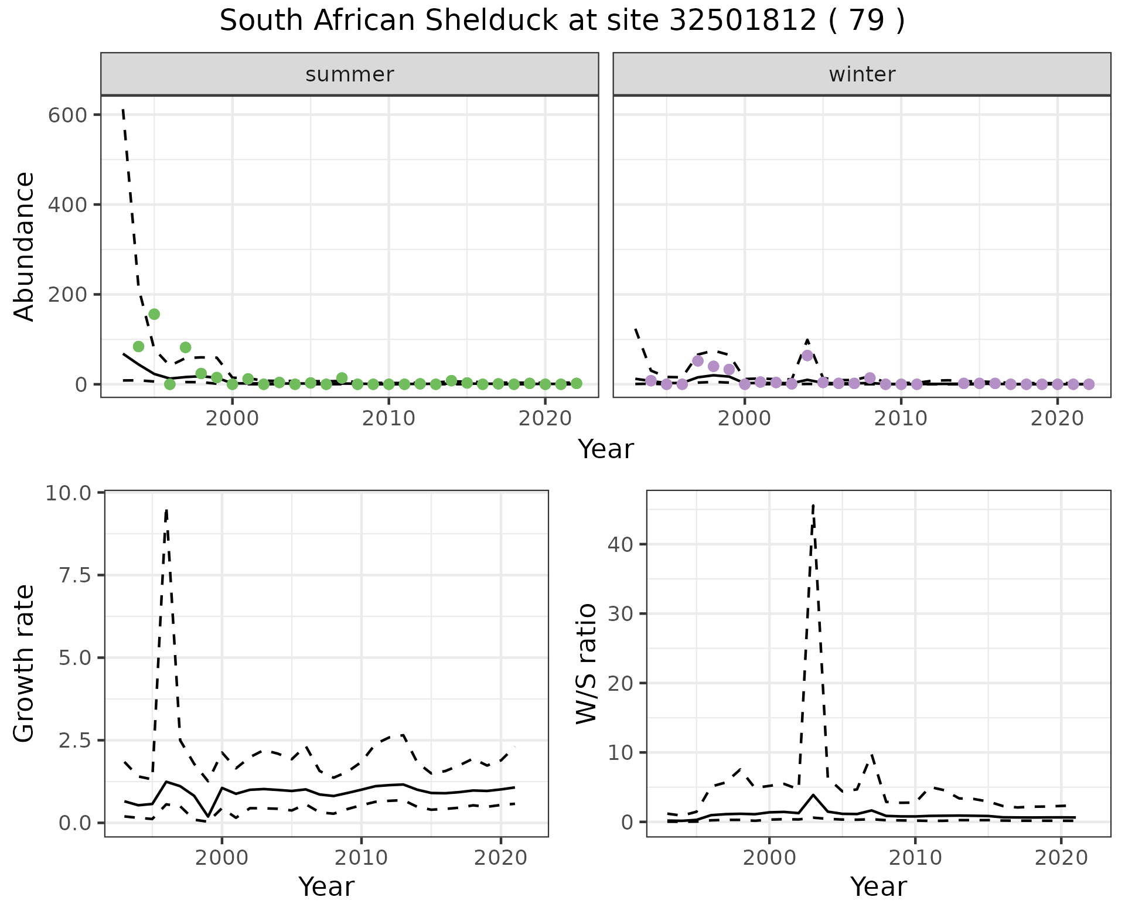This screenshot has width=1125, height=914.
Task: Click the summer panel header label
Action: [x=350, y=74]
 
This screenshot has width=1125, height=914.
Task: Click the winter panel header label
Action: [x=862, y=74]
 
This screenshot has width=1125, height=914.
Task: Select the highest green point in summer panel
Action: [x=154, y=314]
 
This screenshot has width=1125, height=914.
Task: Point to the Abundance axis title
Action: [x=25, y=247]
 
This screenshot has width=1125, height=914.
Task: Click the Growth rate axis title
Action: [x=25, y=664]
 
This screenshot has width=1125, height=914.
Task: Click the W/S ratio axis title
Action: [x=587, y=664]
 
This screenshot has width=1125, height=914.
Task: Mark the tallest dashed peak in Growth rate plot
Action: [x=167, y=510]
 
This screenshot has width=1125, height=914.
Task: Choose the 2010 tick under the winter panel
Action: [x=901, y=418]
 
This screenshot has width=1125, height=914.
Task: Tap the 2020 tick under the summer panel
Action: [x=545, y=418]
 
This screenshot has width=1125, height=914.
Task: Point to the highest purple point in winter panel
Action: [x=807, y=355]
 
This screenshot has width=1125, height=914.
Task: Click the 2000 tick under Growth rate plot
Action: [x=221, y=858]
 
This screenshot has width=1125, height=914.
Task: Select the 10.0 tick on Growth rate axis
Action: [x=69, y=493]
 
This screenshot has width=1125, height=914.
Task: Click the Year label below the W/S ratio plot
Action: [x=878, y=887]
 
